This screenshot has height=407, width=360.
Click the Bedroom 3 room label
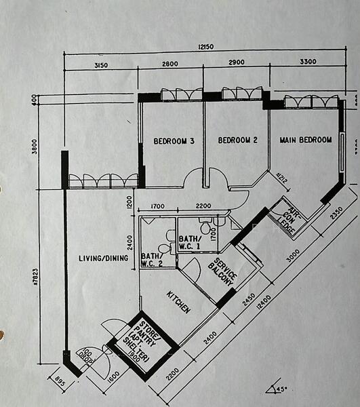(174, 141)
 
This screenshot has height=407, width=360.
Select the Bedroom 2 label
(237, 140)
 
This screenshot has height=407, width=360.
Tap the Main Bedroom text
(306, 140)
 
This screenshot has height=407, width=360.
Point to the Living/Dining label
(104, 258)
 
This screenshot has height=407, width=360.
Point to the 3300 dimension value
(307, 62)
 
